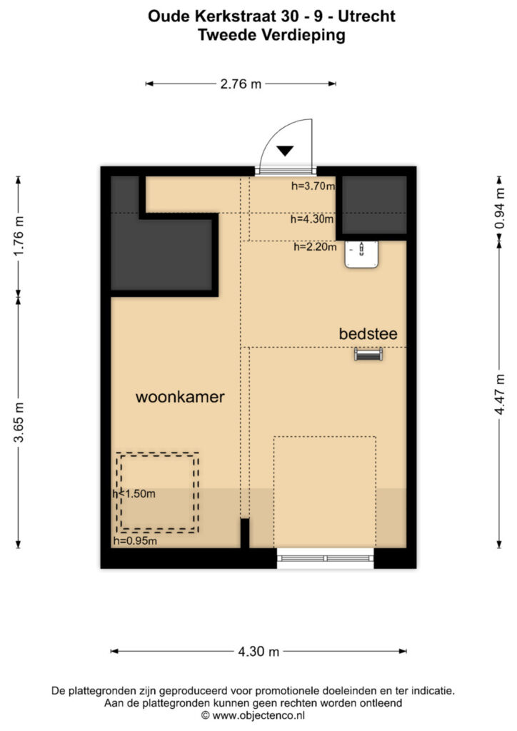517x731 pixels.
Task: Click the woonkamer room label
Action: (x=180, y=397)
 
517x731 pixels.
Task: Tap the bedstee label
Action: (x=368, y=334)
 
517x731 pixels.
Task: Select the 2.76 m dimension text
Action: (x=241, y=84)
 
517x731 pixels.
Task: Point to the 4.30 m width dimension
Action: (x=258, y=651)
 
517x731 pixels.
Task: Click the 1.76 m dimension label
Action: (x=19, y=236)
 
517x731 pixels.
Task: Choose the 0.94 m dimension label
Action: (x=499, y=208)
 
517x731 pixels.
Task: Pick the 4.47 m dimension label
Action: (x=499, y=394)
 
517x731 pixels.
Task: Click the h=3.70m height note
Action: (x=313, y=186)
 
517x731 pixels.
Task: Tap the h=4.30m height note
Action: (x=312, y=218)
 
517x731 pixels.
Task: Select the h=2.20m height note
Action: (x=315, y=247)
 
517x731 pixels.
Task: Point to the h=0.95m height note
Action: (x=135, y=541)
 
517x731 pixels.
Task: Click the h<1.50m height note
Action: (x=134, y=494)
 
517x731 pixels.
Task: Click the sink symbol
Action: (x=361, y=254)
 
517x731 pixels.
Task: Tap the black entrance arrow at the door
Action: (x=285, y=151)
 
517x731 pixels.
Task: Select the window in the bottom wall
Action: (x=326, y=558)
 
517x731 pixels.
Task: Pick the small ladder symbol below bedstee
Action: (x=368, y=355)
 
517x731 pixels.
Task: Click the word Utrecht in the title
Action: (x=366, y=16)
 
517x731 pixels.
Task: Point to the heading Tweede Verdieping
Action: (x=271, y=36)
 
